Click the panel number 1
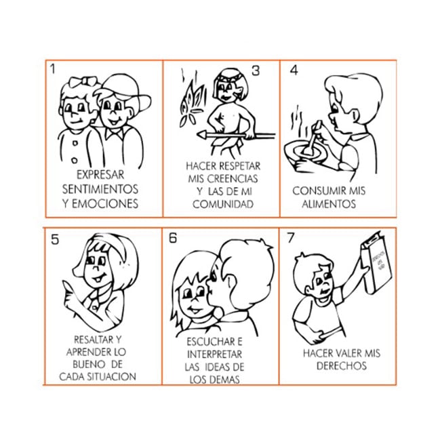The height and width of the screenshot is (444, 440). point(52,69)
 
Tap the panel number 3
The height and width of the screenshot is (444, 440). point(256,70)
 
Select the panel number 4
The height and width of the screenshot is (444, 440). point(294,70)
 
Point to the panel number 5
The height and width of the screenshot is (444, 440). point(55,239)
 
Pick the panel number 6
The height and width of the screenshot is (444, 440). point(173,238)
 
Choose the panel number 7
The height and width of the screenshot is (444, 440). point(291,238)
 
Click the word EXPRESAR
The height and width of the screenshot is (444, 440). point(100,175)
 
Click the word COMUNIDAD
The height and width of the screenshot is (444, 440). point(223,204)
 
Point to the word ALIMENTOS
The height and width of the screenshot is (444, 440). point(329,204)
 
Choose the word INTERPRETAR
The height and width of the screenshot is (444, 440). point(215,355)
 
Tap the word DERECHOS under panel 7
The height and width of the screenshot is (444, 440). point(342,366)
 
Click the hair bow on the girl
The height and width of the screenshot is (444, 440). point(84,81)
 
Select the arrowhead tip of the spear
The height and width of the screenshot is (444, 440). point(197,136)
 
